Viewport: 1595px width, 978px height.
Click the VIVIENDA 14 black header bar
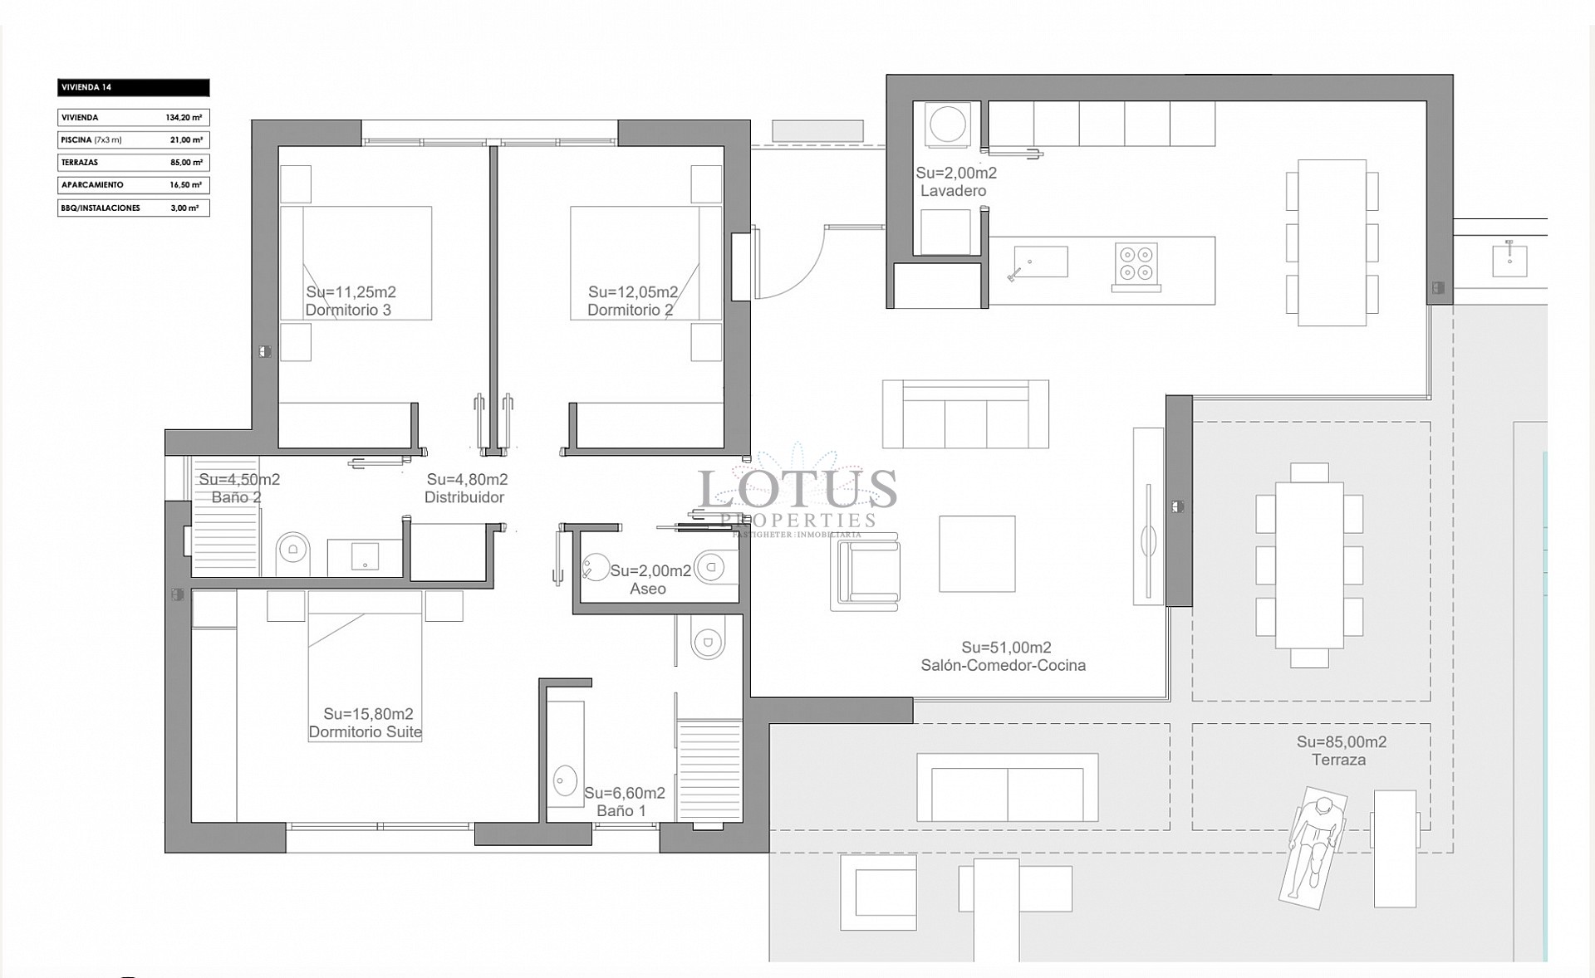coord(133,87)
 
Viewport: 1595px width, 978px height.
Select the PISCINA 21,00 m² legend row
coord(133,140)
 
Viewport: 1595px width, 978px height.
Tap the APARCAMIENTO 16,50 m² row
coord(133,185)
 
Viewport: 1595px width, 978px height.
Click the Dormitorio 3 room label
coord(348,311)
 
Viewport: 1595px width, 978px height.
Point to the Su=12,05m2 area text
coord(633,292)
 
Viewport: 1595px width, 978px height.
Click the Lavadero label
coord(953,191)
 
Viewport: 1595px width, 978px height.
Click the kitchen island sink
coord(1040,262)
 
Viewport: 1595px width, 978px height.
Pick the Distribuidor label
coord(464,497)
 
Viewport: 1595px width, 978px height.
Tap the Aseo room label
coord(648,589)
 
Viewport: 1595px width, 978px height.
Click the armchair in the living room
coord(865,572)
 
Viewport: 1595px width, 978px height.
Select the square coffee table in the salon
coord(977,554)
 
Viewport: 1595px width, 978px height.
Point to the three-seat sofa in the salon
coord(965,415)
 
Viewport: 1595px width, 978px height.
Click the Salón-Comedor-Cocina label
coord(1003,665)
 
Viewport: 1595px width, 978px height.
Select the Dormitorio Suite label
coord(366,732)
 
